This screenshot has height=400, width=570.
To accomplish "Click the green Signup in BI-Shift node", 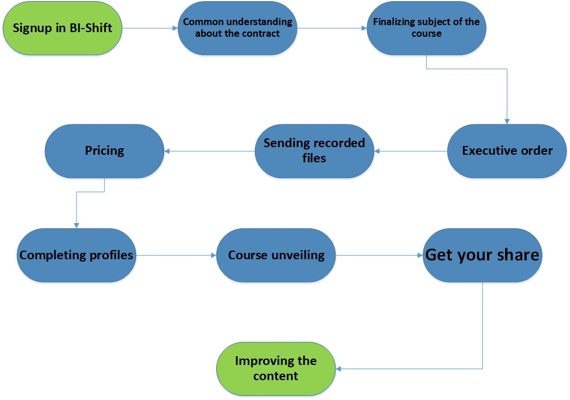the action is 63,28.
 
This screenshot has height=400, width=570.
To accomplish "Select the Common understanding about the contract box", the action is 237,28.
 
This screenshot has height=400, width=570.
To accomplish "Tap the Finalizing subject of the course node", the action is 426,28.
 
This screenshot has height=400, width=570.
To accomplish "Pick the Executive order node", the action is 507,151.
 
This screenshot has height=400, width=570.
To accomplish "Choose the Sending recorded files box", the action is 315,151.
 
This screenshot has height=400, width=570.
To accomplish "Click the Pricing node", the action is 104,151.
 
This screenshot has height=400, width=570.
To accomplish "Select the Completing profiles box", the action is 77,255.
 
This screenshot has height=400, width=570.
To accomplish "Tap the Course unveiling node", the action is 276,255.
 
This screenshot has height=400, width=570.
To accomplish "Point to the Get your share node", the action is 482,255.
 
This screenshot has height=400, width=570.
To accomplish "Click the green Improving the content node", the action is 276,369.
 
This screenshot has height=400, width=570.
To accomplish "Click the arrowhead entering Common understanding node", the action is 175,28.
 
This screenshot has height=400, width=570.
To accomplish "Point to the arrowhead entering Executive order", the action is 507,121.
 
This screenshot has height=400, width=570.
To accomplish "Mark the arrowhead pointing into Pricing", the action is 167,151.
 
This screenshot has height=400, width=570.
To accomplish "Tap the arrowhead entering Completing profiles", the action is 77,225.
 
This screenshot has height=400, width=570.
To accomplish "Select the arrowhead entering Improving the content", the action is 338,369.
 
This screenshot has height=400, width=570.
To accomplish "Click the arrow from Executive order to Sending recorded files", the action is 411,151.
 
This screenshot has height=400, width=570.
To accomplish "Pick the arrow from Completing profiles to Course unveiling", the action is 176,255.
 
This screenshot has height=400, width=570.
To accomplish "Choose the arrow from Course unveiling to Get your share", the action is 379,255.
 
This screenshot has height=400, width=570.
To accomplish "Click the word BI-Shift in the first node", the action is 91,28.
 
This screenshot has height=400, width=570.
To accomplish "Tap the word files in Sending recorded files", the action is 314,158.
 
